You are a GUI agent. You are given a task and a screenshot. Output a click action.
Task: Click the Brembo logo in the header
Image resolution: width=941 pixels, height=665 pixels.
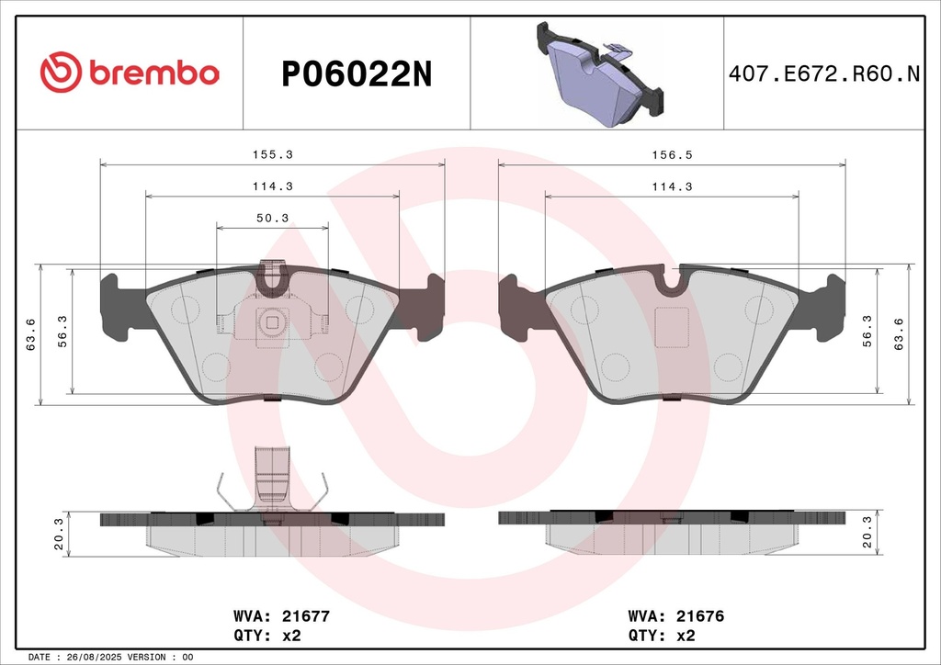(x=130, y=72)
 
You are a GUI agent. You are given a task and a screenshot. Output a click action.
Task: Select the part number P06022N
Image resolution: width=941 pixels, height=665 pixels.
(x=357, y=75)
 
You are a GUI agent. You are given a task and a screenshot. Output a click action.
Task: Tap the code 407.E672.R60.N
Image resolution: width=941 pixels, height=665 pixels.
(x=824, y=73)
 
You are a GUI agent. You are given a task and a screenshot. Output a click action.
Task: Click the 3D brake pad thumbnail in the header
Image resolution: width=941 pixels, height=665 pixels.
(x=599, y=74)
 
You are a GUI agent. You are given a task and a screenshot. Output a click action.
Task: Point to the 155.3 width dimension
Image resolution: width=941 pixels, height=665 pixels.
(x=272, y=154)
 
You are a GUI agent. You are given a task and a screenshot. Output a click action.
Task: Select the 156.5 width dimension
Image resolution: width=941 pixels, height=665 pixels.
(x=672, y=154)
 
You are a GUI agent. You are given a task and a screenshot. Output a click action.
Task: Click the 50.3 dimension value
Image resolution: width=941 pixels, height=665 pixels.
(x=272, y=219)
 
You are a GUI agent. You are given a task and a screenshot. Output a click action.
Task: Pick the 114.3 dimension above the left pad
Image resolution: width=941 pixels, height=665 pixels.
(x=272, y=186)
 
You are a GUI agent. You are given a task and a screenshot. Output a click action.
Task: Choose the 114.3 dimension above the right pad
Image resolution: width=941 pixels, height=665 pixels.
(x=672, y=186)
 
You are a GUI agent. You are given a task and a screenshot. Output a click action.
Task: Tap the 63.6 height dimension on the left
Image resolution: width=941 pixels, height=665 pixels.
(x=31, y=334)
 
